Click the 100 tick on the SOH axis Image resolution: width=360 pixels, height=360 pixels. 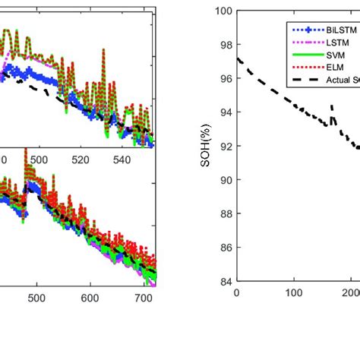pyautogui.click(x=224, y=11)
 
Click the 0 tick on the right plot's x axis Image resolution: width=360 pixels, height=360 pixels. pyautogui.click(x=237, y=293)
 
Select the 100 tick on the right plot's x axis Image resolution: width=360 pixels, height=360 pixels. pyautogui.click(x=293, y=293)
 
